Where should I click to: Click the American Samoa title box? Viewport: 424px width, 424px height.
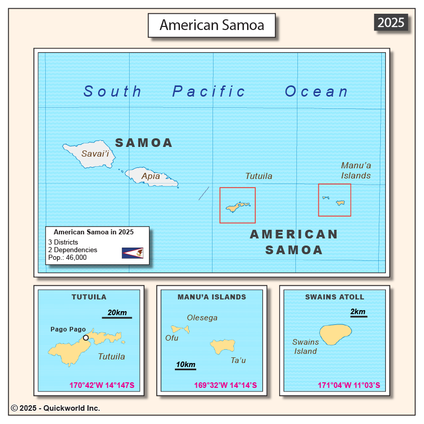pos(211,25)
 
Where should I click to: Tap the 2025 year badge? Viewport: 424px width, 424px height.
pos(391,22)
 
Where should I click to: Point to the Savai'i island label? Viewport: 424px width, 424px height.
pos(95,154)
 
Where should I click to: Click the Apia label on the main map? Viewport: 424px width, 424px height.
pos(150,176)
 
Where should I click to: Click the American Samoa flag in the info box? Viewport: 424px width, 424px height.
pos(132,253)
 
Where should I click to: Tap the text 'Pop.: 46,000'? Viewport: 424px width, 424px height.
pos(68,257)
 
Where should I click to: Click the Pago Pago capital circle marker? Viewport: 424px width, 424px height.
pos(86,338)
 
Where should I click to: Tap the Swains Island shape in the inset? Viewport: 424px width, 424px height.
pos(336,334)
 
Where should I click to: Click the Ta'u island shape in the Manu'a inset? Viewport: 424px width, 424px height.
pos(223,347)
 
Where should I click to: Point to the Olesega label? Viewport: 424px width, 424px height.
pos(202,318)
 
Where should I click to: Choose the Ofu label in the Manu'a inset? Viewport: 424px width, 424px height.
pos(172,338)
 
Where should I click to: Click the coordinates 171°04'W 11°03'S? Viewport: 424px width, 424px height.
pos(349,385)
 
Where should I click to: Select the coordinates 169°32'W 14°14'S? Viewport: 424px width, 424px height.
pos(225,385)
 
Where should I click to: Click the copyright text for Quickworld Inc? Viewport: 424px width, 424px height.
pos(55,408)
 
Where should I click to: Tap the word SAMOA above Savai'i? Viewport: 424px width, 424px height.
pos(144,143)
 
